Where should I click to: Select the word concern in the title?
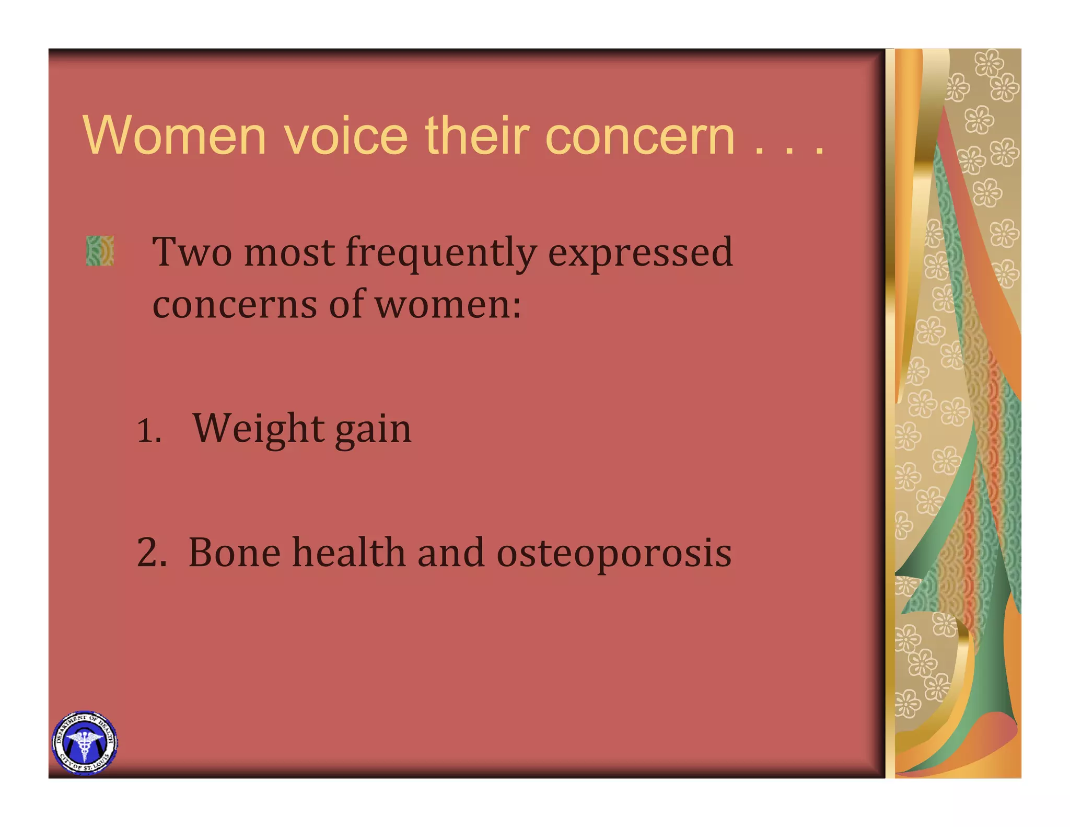coord(639,136)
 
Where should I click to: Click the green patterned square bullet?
coord(100,250)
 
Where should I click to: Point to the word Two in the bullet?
coord(192,252)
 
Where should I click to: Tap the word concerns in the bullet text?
coord(234,304)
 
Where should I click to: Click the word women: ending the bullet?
coord(448,304)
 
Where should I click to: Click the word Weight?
coord(259,429)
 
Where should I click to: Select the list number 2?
coord(151,553)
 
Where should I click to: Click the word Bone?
coord(234,553)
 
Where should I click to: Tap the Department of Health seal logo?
coord(85,742)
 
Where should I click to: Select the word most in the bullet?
coord(289,252)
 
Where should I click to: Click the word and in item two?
coord(450,553)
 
